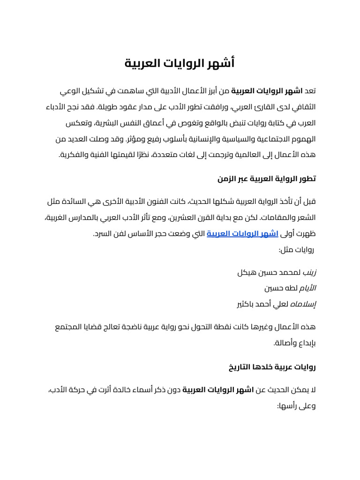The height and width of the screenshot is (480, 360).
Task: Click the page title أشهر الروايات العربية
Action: click(x=180, y=63)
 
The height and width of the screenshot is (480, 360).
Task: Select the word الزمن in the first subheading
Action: click(x=227, y=179)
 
